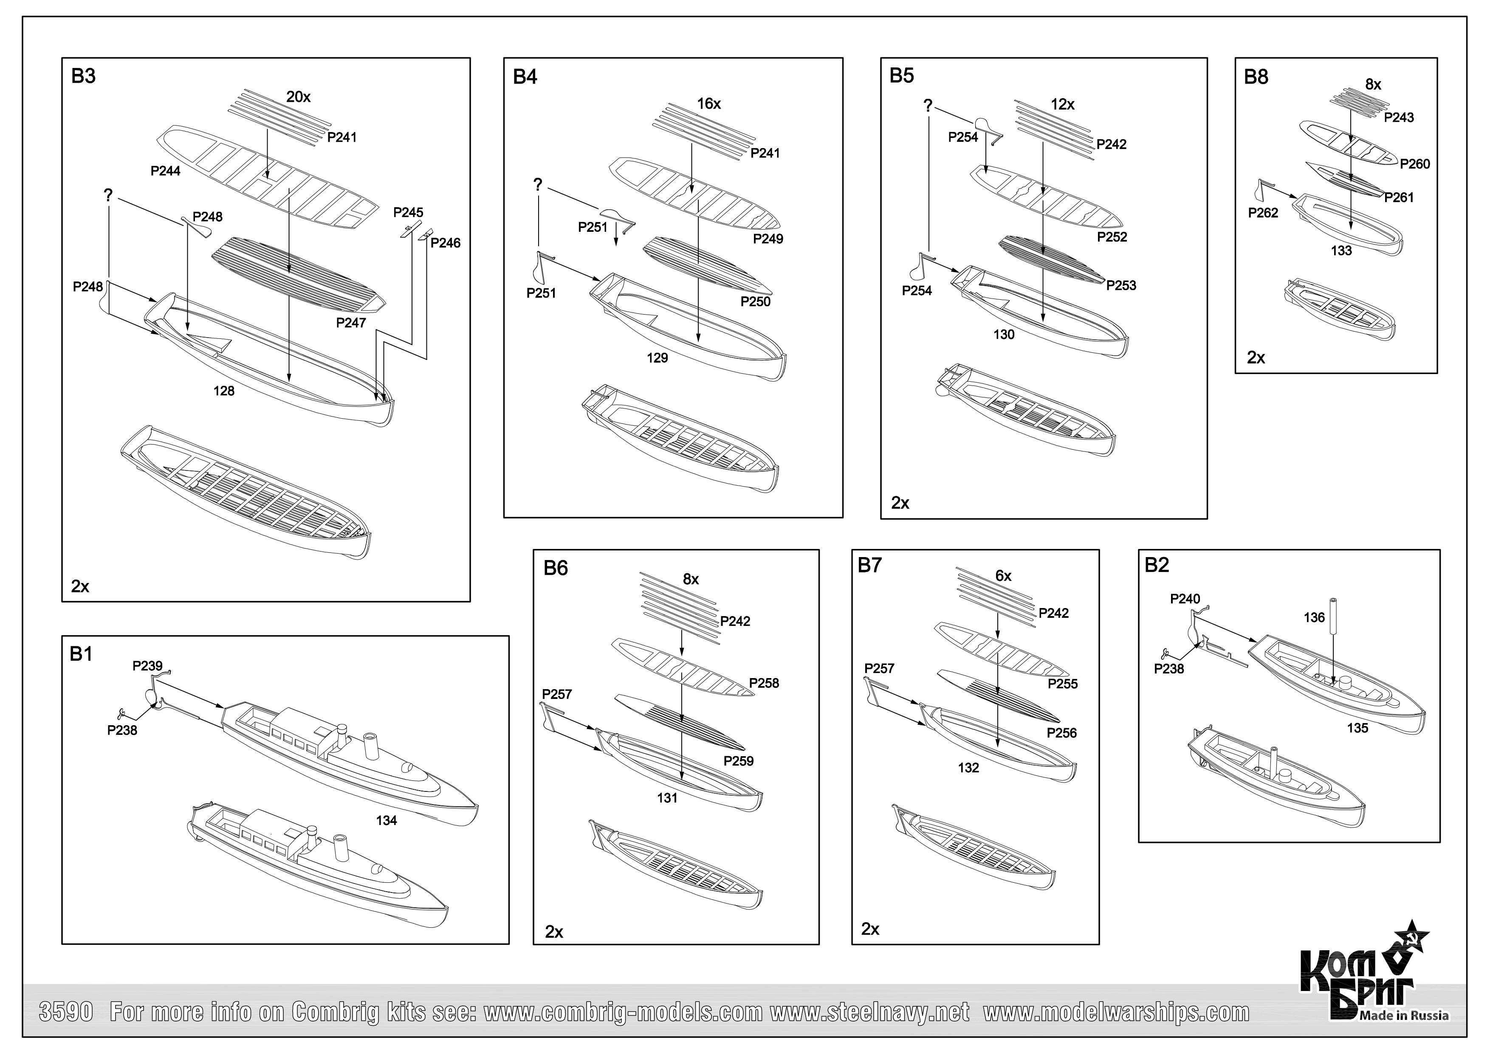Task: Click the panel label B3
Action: (83, 76)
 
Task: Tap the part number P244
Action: (166, 171)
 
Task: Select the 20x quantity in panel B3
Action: (299, 97)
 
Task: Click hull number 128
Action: (224, 391)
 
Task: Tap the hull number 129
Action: (657, 358)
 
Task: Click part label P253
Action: (1121, 285)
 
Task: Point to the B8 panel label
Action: (1256, 77)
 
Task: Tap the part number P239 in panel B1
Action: (147, 666)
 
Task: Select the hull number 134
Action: (386, 821)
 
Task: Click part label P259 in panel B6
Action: (739, 761)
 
